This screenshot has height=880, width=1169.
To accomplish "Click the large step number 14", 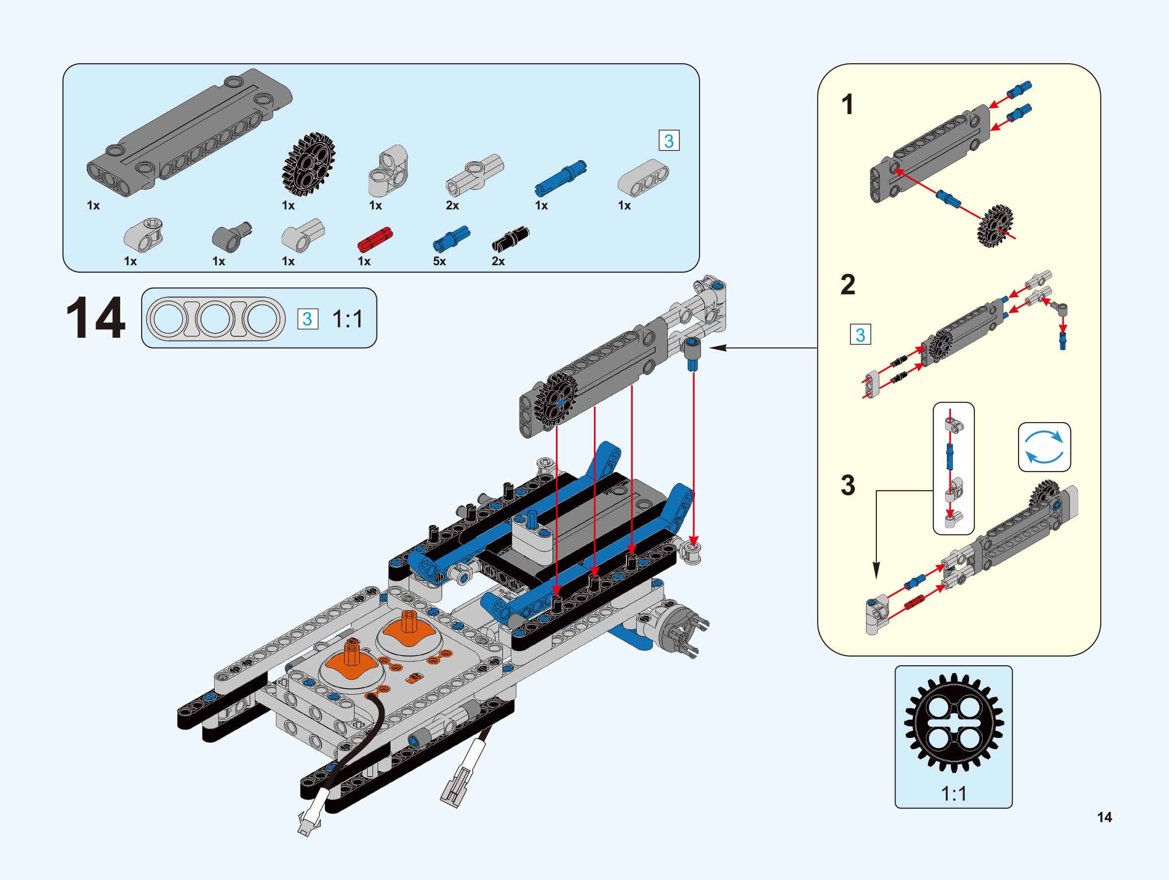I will (96, 318).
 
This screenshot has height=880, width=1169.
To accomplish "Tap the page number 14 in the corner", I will (1104, 817).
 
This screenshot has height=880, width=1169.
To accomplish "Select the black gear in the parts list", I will (309, 165).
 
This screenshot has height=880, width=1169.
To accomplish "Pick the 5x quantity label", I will (439, 261).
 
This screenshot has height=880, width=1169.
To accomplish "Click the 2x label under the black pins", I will (498, 261).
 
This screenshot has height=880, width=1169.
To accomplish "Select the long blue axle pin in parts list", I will (561, 175).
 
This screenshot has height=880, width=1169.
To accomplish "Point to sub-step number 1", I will (847, 104).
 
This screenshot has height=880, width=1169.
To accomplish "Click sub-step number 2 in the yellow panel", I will (847, 285).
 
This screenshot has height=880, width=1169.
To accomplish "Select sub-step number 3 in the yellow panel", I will (847, 485).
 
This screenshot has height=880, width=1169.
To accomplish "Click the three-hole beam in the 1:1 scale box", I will (216, 319).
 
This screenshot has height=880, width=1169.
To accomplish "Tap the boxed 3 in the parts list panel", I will (669, 141).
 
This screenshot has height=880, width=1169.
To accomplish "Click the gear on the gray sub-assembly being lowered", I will (554, 399).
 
